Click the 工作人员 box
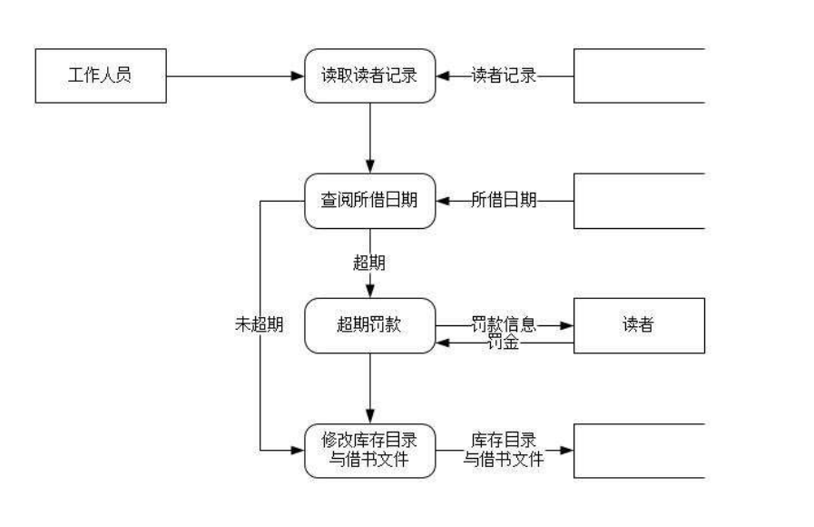pyautogui.click(x=100, y=75)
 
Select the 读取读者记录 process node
pyautogui.click(x=369, y=75)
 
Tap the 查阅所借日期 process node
pyautogui.click(x=369, y=200)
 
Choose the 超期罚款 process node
pyautogui.click(x=369, y=325)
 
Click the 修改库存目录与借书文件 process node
pyautogui.click(x=369, y=450)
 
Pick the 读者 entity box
pyautogui.click(x=639, y=325)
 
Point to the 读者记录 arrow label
pyautogui.click(x=505, y=75)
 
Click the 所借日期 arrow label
pyautogui.click(x=505, y=200)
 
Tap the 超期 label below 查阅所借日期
pyautogui.click(x=369, y=263)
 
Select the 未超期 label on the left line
pyautogui.click(x=259, y=325)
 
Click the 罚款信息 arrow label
pyautogui.click(x=505, y=323)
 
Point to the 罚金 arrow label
pyautogui.click(x=505, y=343)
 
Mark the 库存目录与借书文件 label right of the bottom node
pyautogui.click(x=505, y=450)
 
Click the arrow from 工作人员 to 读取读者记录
pyautogui.click(x=235, y=75)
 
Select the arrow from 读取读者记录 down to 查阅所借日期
pyautogui.click(x=369, y=136)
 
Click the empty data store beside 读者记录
pyautogui.click(x=639, y=75)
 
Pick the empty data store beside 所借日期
pyautogui.click(x=639, y=200)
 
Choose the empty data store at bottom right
pyautogui.click(x=639, y=450)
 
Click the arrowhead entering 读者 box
pyautogui.click(x=568, y=325)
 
